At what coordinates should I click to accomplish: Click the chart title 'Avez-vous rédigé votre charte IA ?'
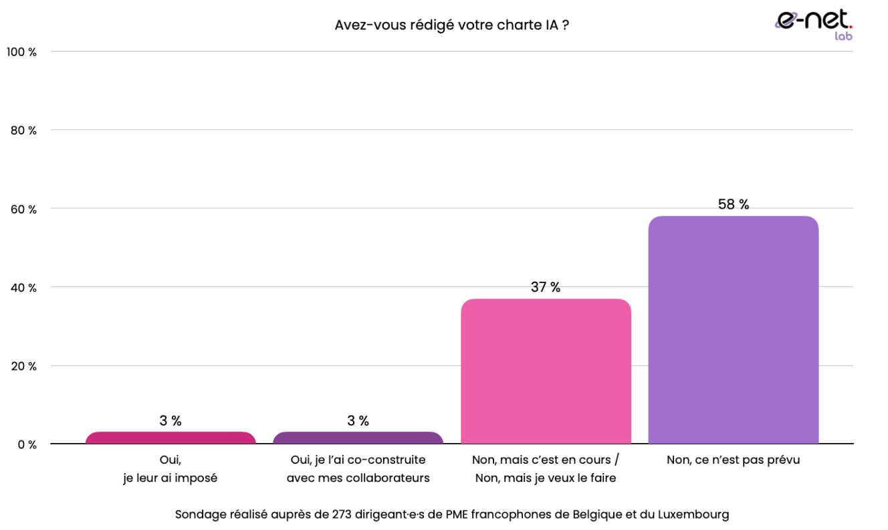451,25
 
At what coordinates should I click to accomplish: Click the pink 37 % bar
546,371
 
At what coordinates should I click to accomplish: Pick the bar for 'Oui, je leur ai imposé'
171,438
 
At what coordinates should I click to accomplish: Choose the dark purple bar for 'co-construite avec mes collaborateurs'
358,438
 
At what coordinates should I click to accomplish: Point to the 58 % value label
734,205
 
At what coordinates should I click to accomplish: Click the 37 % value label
546,287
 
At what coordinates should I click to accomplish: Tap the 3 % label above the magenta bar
171,421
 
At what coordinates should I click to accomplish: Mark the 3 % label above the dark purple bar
358,421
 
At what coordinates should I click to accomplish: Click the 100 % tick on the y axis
21,52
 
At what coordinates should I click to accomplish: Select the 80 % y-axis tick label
23,130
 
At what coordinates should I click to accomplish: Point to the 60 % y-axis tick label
23,209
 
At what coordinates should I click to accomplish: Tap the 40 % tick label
23,288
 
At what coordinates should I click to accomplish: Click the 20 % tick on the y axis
23,366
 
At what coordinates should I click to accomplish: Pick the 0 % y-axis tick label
26,444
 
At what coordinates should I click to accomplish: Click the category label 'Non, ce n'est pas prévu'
733,460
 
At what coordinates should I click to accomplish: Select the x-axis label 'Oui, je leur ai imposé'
171,469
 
